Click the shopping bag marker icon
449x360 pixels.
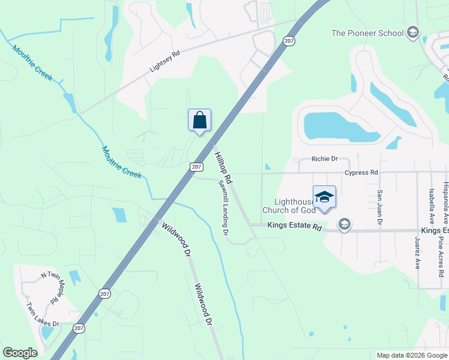point(199,119)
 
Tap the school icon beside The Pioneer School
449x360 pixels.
point(412,33)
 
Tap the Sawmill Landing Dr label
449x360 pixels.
point(223,207)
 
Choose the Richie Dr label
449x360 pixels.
point(325,159)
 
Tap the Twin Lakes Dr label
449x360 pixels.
point(42,315)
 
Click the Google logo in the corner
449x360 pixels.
point(20,353)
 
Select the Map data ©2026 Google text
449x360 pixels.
point(412,355)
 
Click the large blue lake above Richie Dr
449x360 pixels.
point(336,126)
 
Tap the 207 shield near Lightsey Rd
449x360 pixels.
point(289,41)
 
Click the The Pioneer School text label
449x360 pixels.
point(367,33)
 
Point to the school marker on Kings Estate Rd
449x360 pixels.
point(344,225)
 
